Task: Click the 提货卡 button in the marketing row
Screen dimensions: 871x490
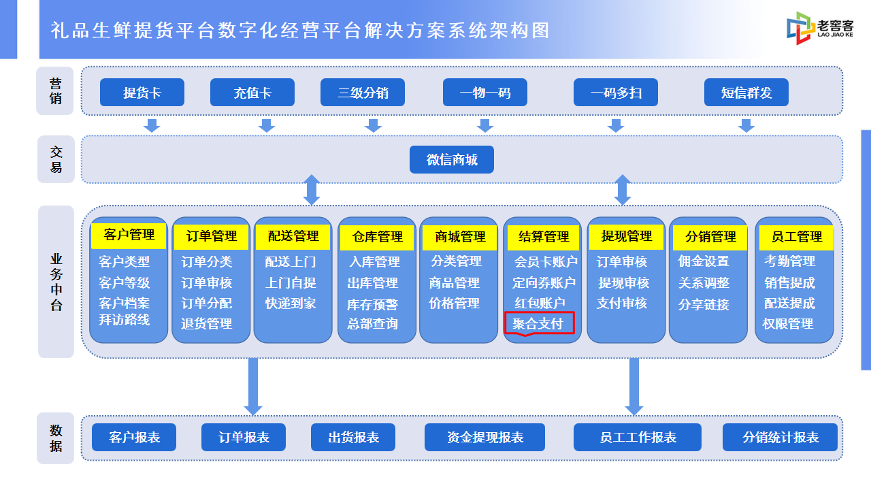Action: (142, 92)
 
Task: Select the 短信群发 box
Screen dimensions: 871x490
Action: (746, 92)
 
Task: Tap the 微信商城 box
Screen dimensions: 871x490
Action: (451, 159)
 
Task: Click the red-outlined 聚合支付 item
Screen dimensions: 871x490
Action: (539, 323)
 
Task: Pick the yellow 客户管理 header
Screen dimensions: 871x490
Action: (129, 235)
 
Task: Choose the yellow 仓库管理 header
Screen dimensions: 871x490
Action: (377, 237)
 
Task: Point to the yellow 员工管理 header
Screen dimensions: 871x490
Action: (796, 237)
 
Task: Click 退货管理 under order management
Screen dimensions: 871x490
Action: (206, 323)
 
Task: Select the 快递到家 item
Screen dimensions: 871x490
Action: (291, 304)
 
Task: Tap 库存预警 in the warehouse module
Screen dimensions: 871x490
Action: (372, 304)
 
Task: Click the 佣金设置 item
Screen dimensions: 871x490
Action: (704, 261)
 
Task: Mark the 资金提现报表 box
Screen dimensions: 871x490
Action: (484, 437)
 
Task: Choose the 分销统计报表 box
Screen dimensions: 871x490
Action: (780, 437)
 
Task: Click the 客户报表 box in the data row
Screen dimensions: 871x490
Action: (134, 437)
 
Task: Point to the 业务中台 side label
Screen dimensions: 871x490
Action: (56, 282)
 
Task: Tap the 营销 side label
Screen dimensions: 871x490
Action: (55, 91)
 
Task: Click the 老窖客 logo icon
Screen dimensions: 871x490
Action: (800, 28)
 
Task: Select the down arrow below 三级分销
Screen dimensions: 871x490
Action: (374, 126)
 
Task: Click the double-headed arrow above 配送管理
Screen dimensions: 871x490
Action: (312, 190)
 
